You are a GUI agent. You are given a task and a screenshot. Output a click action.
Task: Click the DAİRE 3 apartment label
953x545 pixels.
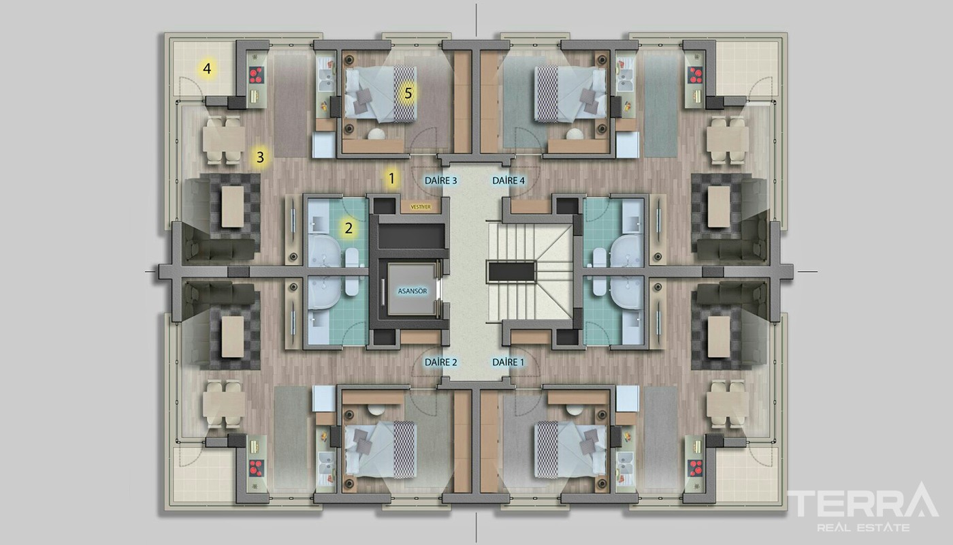441,181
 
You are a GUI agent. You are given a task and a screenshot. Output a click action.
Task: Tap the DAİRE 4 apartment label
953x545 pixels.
508,181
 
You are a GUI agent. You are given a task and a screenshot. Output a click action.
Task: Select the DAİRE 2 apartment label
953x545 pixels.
441,362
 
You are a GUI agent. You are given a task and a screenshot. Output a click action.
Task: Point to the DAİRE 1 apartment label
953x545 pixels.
508,362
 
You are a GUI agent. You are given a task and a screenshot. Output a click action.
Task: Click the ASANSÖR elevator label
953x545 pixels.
413,292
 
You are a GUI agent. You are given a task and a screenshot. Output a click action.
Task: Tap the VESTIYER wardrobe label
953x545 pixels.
421,207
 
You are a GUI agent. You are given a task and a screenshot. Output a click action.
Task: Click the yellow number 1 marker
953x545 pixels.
392,178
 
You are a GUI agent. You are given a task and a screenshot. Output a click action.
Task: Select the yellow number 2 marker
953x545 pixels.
349,228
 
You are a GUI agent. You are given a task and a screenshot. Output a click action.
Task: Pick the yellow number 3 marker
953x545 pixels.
260,157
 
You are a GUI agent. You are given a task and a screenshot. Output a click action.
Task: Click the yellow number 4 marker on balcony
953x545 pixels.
207,68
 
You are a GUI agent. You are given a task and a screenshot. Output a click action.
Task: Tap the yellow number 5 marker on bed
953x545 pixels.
408,93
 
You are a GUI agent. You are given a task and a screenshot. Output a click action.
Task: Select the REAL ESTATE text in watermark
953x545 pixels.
863,528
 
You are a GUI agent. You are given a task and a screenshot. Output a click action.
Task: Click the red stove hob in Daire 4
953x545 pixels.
696,75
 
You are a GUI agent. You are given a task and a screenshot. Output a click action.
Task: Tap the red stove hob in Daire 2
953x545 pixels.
256,468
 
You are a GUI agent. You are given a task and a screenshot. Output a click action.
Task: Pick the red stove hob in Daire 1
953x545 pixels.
696,468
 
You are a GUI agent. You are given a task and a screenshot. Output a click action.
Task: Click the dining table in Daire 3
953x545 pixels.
224,140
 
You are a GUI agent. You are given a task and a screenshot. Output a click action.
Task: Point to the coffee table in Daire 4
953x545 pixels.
719,206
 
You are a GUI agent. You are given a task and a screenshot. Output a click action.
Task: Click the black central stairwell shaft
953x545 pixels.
511,272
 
